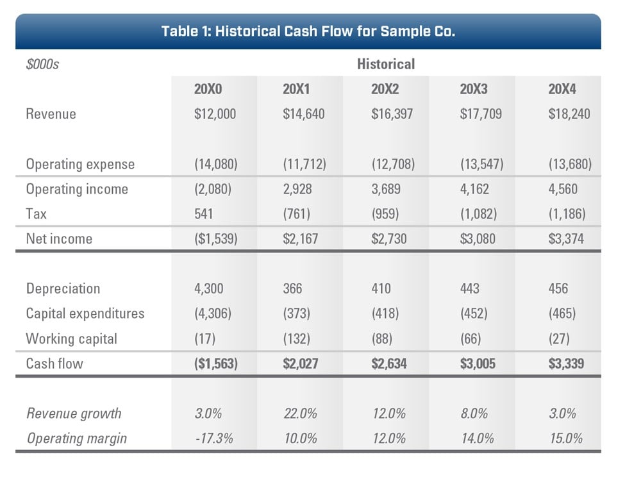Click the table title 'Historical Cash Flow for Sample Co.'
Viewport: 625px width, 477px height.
pyautogui.click(x=308, y=31)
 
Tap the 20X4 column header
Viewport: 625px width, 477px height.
pyautogui.click(x=562, y=89)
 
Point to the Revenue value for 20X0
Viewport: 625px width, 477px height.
pyautogui.click(x=215, y=114)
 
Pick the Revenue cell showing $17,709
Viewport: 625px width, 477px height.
pyautogui.click(x=481, y=114)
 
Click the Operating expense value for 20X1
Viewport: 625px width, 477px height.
pyautogui.click(x=304, y=164)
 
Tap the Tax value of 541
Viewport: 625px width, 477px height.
pyautogui.click(x=204, y=213)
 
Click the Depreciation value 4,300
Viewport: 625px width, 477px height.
pyautogui.click(x=208, y=289)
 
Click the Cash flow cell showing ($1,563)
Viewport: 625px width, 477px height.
pyautogui.click(x=216, y=364)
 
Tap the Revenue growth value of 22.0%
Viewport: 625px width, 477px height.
pyautogui.click(x=300, y=414)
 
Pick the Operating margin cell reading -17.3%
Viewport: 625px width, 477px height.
pyautogui.click(x=213, y=439)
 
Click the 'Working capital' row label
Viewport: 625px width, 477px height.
pyautogui.click(x=72, y=339)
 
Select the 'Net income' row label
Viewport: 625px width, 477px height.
pyautogui.click(x=59, y=238)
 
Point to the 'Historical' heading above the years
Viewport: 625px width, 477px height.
pyautogui.click(x=386, y=64)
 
